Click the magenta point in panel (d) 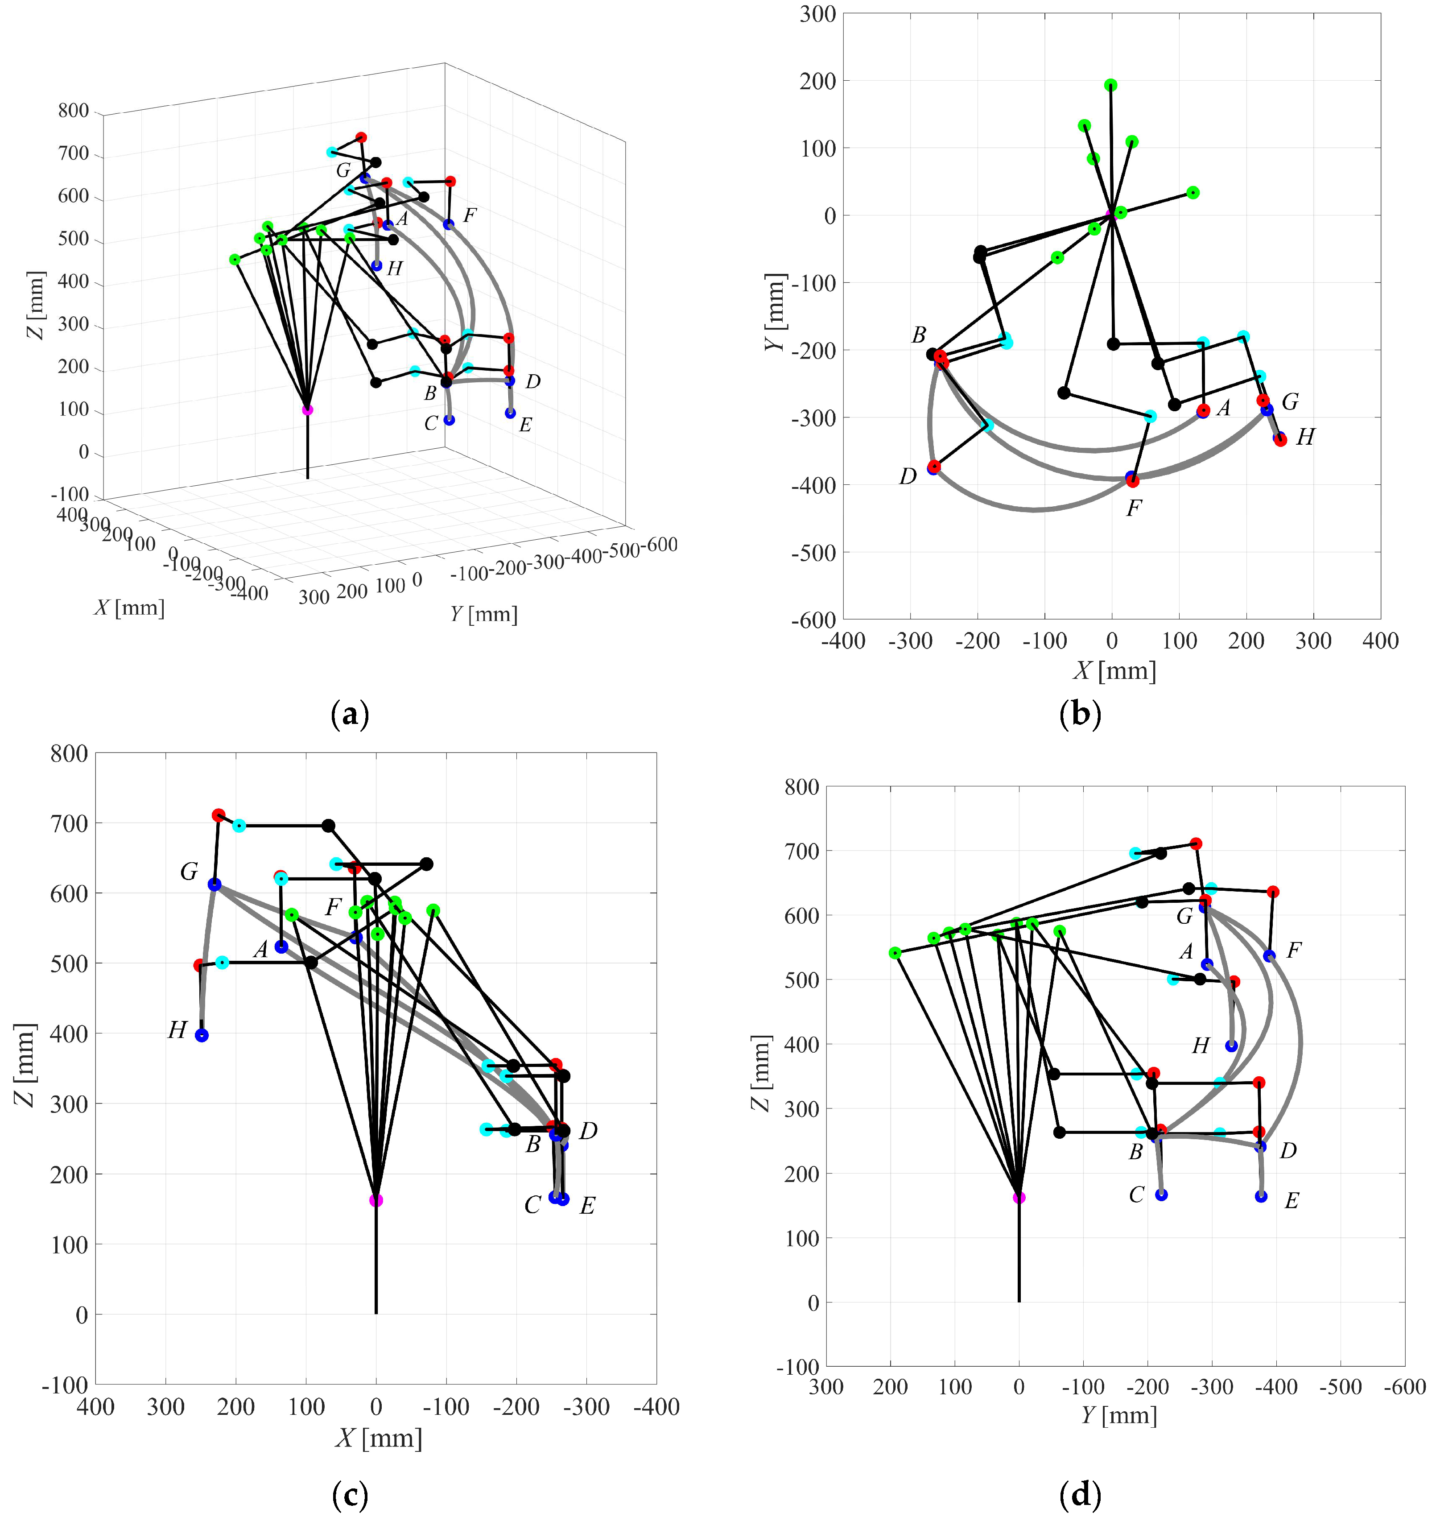coord(1019,1197)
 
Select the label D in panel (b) coord(908,477)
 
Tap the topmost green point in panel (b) coord(1111,85)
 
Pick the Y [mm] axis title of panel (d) coord(1118,1415)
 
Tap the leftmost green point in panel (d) coord(895,953)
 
